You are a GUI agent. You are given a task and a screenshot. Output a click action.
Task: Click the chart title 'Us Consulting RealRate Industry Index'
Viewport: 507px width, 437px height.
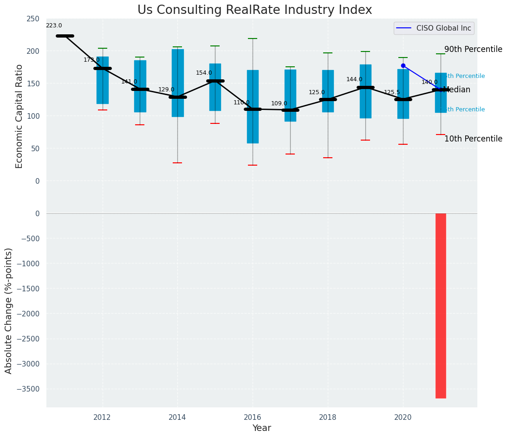click(x=254, y=10)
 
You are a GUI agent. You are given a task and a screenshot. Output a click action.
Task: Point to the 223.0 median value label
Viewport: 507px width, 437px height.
click(x=54, y=26)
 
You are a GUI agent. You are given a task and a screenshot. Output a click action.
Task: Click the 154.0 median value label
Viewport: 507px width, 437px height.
click(x=204, y=73)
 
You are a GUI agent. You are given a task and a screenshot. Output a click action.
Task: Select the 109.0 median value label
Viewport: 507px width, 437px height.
click(x=279, y=104)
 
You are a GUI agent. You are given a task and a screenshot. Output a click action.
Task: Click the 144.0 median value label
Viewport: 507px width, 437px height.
click(x=354, y=80)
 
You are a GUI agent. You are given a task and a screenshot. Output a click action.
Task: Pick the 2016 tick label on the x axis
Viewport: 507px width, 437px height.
click(x=253, y=418)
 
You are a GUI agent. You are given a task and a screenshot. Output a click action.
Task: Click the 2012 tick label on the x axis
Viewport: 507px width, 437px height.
click(x=102, y=418)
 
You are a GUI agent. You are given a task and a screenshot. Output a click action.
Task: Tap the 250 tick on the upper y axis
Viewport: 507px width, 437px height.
click(x=33, y=19)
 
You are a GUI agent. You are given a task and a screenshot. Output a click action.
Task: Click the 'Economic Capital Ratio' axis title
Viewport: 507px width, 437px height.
click(x=19, y=116)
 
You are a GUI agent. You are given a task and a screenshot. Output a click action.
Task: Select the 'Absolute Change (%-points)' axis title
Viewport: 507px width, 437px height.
click(x=9, y=310)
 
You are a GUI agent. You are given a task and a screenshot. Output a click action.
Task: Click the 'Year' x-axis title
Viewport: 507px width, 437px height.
click(x=261, y=428)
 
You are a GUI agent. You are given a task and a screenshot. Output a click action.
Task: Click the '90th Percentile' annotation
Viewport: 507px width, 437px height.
click(x=473, y=50)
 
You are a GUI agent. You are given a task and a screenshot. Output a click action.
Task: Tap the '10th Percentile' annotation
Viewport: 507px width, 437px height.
click(x=473, y=139)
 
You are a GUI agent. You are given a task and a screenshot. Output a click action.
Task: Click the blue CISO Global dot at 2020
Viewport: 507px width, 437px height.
click(x=403, y=66)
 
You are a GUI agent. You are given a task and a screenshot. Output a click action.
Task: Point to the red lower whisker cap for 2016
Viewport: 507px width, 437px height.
click(x=253, y=165)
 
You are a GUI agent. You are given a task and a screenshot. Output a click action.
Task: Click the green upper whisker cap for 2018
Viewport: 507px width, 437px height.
click(x=328, y=53)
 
